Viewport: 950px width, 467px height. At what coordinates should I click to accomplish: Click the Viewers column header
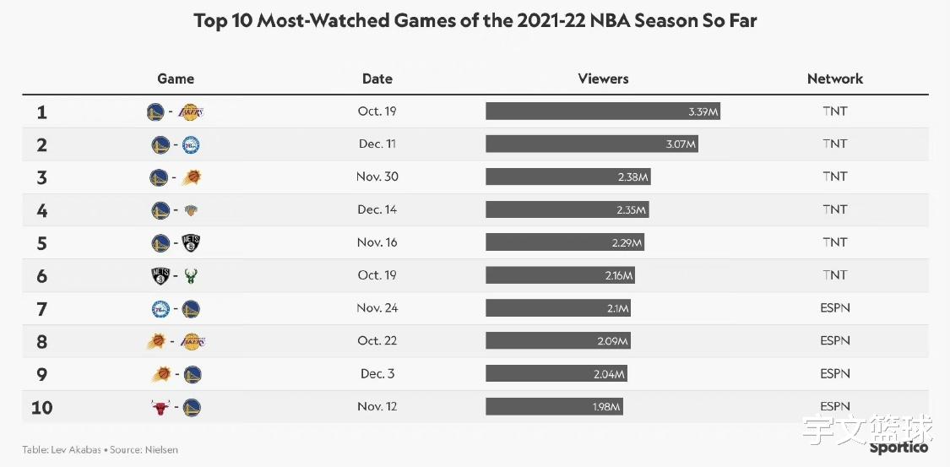coord(603,79)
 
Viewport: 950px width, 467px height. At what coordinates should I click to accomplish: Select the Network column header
coord(835,79)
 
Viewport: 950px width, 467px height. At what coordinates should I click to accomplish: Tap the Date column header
coord(377,79)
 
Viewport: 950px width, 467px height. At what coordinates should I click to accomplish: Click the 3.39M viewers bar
coord(603,111)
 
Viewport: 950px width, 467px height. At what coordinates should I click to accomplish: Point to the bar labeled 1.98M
coord(554,406)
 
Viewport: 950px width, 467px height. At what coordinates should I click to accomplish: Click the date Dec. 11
coord(377,144)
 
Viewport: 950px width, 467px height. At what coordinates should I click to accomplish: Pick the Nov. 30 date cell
coord(377,176)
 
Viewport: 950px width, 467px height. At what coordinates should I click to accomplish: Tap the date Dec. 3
coord(377,374)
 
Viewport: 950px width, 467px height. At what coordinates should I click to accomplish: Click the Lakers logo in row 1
coord(192,112)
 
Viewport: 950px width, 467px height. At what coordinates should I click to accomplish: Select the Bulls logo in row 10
coord(160,407)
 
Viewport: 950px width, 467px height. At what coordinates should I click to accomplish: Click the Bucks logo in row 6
coord(192,276)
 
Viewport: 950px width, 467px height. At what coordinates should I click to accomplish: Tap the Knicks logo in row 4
coord(192,211)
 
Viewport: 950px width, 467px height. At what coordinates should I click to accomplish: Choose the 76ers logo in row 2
coord(191,144)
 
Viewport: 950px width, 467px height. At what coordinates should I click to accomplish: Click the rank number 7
coord(41,309)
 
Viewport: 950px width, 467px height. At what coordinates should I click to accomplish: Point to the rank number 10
coord(41,407)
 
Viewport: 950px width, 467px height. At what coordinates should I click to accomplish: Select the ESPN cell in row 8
coord(835,341)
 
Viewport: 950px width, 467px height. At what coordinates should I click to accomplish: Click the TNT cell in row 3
coord(835,176)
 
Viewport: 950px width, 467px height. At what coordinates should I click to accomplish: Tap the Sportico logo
coord(898,448)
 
